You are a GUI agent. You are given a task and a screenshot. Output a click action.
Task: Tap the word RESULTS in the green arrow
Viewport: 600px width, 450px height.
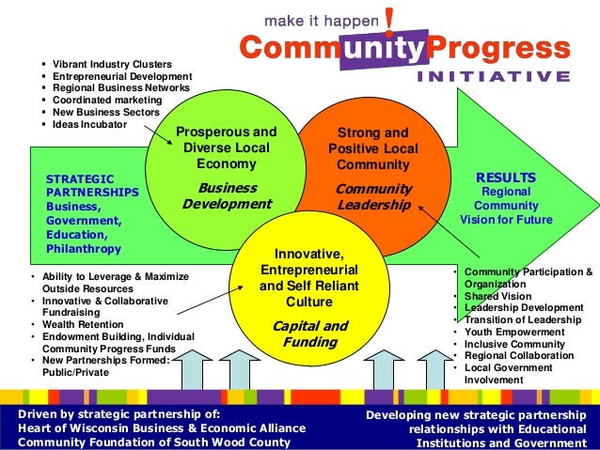[506, 177]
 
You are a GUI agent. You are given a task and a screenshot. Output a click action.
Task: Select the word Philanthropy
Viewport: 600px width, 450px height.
[84, 249]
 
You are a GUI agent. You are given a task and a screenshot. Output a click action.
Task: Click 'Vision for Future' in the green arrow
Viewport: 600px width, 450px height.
[506, 220]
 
